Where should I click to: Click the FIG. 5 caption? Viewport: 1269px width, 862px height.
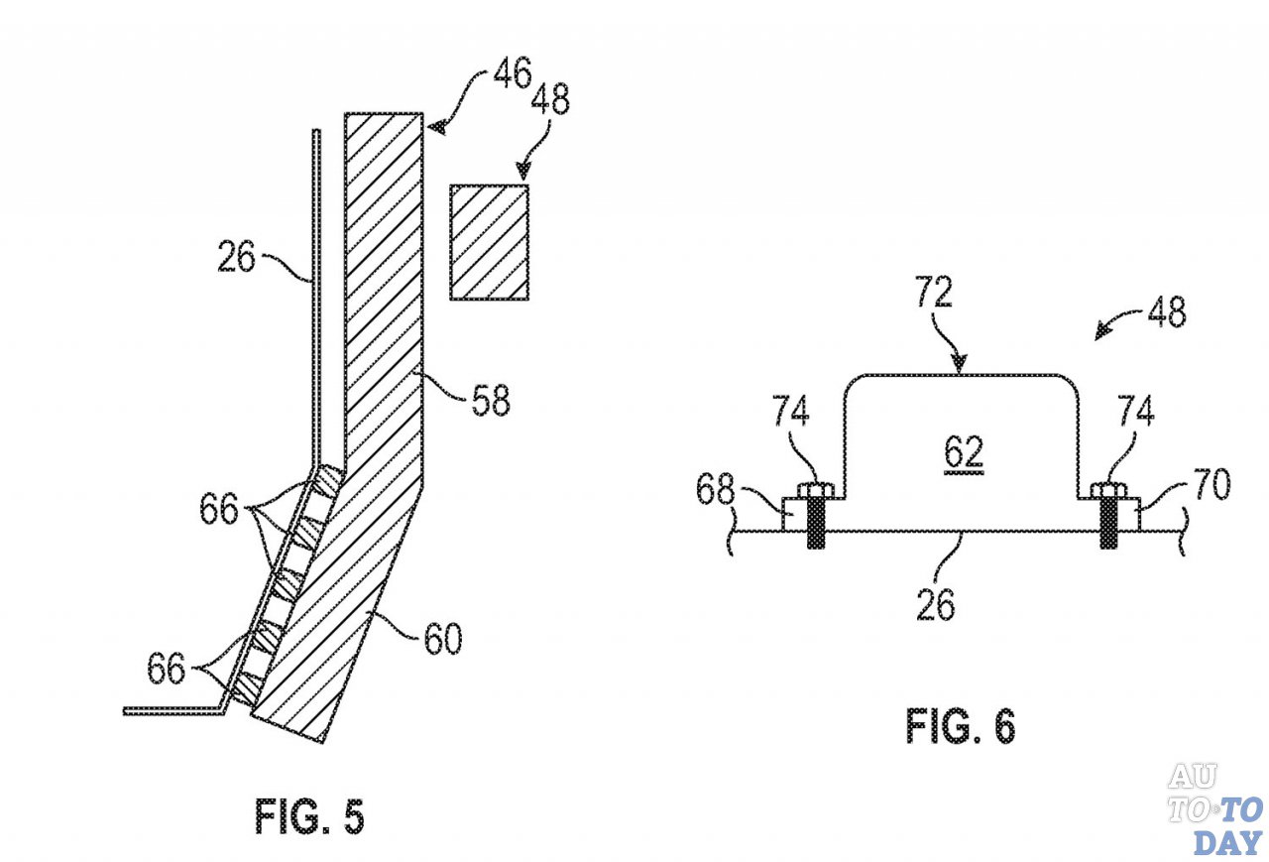point(310,816)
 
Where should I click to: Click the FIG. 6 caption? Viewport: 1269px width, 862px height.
point(961,726)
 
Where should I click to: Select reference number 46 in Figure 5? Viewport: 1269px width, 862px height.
point(513,72)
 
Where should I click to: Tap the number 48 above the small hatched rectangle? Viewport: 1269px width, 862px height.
point(549,98)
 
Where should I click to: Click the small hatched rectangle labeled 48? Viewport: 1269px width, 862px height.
point(490,242)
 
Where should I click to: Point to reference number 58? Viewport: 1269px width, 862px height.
point(491,399)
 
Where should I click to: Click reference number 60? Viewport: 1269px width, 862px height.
point(443,638)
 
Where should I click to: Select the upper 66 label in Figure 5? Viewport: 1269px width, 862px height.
point(219,508)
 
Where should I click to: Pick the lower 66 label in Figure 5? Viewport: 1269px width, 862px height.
point(167,669)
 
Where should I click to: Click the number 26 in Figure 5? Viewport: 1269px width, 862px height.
point(236,257)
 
